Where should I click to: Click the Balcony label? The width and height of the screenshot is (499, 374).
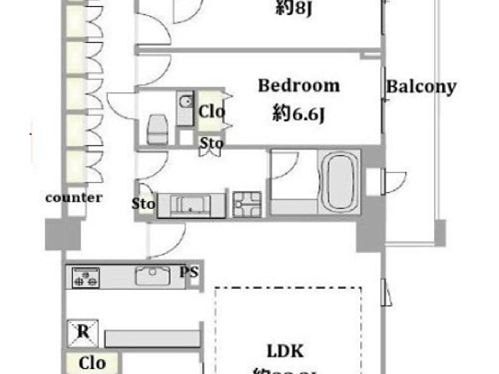[421, 87]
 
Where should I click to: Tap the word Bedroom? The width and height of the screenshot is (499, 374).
[299, 86]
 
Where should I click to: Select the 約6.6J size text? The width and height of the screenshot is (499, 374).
[299, 114]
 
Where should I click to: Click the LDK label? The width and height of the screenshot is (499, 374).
[285, 351]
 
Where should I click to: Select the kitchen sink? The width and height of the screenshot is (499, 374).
[153, 275]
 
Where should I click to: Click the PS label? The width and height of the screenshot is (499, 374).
[189, 272]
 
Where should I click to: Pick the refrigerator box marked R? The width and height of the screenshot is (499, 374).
[83, 332]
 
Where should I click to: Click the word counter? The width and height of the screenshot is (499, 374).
[74, 198]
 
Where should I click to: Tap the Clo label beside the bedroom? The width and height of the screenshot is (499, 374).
[212, 112]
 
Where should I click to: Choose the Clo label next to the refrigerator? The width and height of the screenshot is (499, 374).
[92, 363]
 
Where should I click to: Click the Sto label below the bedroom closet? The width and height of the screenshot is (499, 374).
[211, 143]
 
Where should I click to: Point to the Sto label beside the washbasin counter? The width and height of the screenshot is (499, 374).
[143, 204]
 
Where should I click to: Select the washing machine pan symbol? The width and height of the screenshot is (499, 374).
[247, 204]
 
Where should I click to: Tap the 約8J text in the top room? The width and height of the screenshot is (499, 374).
[294, 8]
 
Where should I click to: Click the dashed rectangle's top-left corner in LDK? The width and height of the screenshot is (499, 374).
[216, 288]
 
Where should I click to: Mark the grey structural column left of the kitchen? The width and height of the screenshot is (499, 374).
[63, 234]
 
